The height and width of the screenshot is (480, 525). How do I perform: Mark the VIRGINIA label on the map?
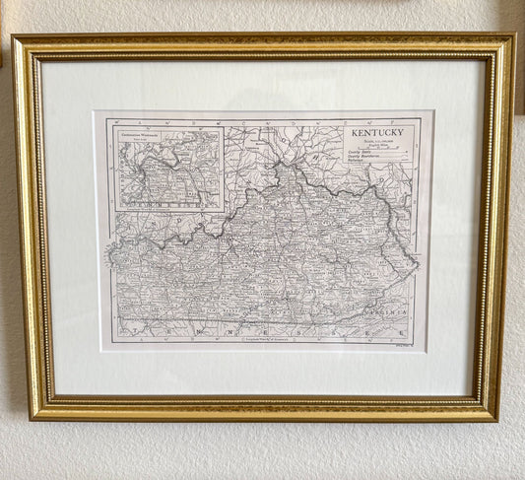coord(392,307)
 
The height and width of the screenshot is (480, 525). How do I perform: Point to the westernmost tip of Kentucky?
coord(108,252)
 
